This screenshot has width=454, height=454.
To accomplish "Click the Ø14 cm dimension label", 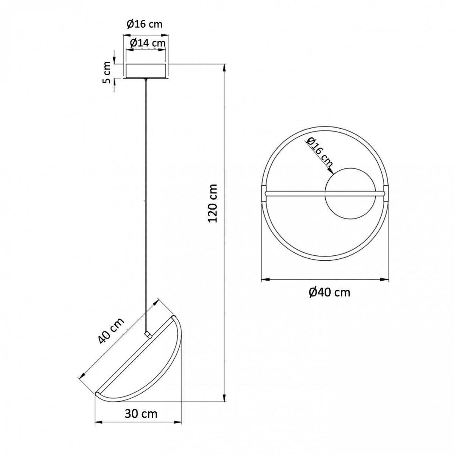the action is click(148, 43).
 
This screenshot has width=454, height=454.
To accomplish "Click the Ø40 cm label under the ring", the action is click(330, 292).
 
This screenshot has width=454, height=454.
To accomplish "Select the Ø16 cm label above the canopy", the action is click(145, 24).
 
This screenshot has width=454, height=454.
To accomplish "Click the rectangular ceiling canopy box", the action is click(146, 71).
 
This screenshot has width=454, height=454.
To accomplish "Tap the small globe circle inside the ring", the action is click(350, 193).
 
